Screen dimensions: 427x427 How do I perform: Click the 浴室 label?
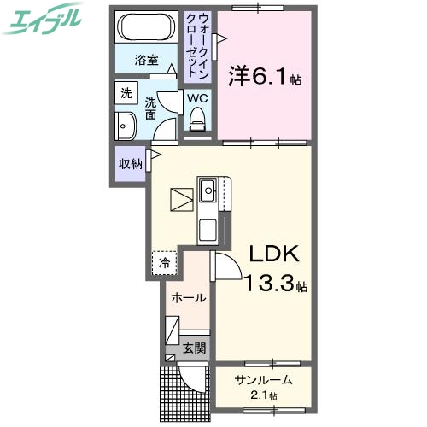[147, 60]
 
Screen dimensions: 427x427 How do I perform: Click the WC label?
[197, 98]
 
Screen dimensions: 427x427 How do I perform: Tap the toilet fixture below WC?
[198, 123]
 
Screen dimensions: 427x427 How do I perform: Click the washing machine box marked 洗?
[126, 94]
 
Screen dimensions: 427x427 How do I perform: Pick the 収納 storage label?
[131, 161]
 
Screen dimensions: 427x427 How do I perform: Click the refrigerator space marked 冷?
[165, 262]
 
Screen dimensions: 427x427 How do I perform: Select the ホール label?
[188, 298]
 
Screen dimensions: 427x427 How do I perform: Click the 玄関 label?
[194, 348]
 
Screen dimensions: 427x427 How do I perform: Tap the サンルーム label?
[264, 381]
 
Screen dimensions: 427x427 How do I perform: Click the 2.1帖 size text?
[265, 396]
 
